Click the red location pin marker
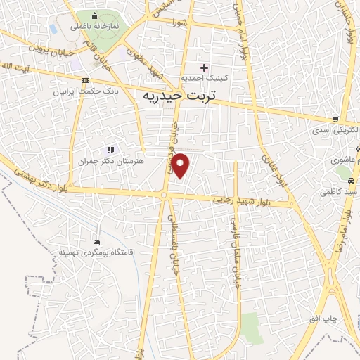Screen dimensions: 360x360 click(x=181, y=165)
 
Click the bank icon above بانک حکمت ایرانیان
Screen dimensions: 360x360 click(x=86, y=80)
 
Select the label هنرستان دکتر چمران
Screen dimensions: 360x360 click(x=109, y=160)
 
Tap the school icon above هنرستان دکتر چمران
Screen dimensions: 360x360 click(x=109, y=150)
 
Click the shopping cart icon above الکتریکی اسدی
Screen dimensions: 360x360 click(x=336, y=120)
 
